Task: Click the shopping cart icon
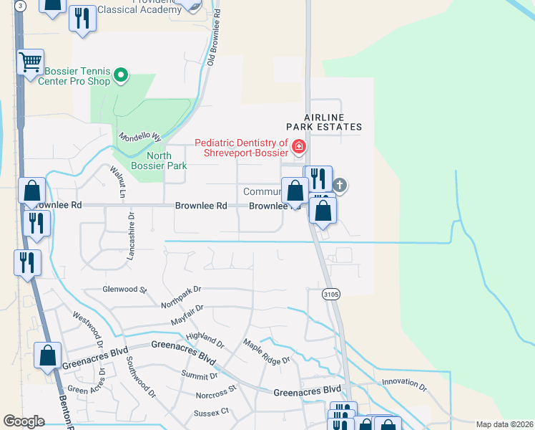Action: (30, 62)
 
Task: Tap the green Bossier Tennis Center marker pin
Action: (121, 74)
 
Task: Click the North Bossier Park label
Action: (167, 161)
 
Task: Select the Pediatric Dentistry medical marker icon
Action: (299, 148)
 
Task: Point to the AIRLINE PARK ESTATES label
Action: (333, 122)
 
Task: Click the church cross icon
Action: (340, 186)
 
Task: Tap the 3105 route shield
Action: (330, 294)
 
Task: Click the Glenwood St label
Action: (124, 290)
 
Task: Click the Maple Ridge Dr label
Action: (267, 352)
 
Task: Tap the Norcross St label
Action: (215, 392)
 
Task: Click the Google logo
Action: (24, 421)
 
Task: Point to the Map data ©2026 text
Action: (504, 424)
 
